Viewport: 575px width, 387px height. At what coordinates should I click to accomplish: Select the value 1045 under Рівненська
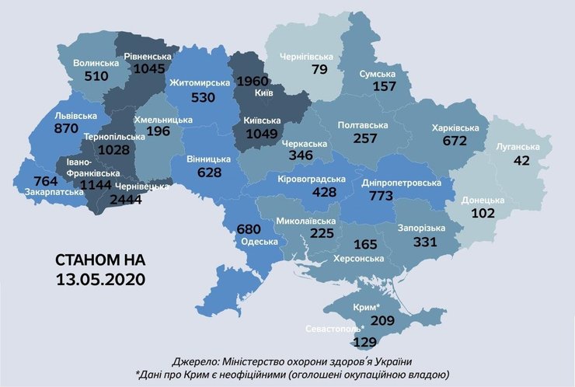pyautogui.click(x=150, y=69)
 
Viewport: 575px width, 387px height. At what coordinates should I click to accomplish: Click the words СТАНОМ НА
pyautogui.click(x=100, y=259)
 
